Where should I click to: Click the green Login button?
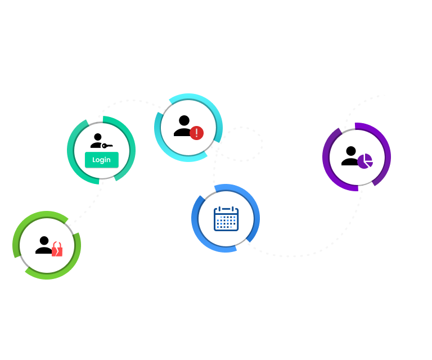(x=101, y=160)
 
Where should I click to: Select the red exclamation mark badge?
(x=196, y=133)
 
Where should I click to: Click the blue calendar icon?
(x=226, y=218)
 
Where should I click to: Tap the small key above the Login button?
(x=107, y=146)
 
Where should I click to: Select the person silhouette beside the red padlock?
(x=43, y=245)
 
